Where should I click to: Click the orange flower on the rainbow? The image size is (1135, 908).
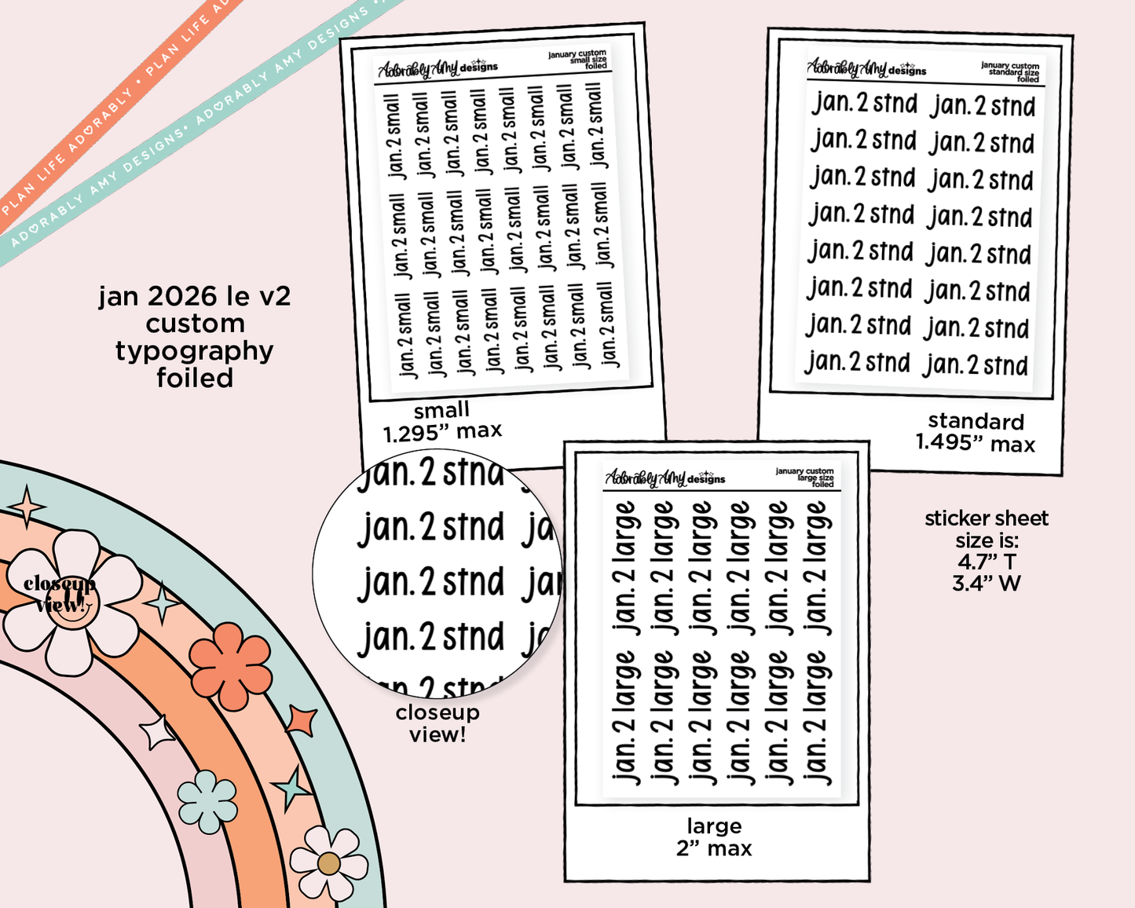click(231, 665)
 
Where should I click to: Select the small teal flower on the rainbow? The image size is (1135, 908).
click(207, 801)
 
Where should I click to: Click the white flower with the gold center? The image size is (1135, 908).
click(328, 863)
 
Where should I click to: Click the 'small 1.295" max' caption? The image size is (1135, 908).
click(442, 421)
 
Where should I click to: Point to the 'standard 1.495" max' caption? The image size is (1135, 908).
click(976, 433)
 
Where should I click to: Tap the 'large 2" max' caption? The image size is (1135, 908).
click(714, 837)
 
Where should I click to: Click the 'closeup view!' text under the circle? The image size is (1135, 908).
click(438, 723)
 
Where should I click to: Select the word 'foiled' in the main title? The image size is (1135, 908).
click(195, 379)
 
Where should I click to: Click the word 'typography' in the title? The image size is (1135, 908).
click(195, 351)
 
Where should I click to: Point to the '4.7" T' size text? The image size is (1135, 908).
click(987, 562)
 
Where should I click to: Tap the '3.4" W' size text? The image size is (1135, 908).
click(987, 584)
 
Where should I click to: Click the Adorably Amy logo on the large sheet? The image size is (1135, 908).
click(665, 478)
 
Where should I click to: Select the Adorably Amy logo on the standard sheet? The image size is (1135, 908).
click(866, 69)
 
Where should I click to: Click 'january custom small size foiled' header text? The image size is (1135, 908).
click(578, 60)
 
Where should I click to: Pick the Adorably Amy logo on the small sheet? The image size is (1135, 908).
click(438, 69)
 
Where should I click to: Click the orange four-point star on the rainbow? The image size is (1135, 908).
click(301, 719)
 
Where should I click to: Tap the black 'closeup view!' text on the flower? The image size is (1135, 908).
click(60, 594)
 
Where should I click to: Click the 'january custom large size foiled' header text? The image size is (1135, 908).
click(805, 478)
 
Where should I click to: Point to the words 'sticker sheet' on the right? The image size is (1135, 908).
click(987, 518)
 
